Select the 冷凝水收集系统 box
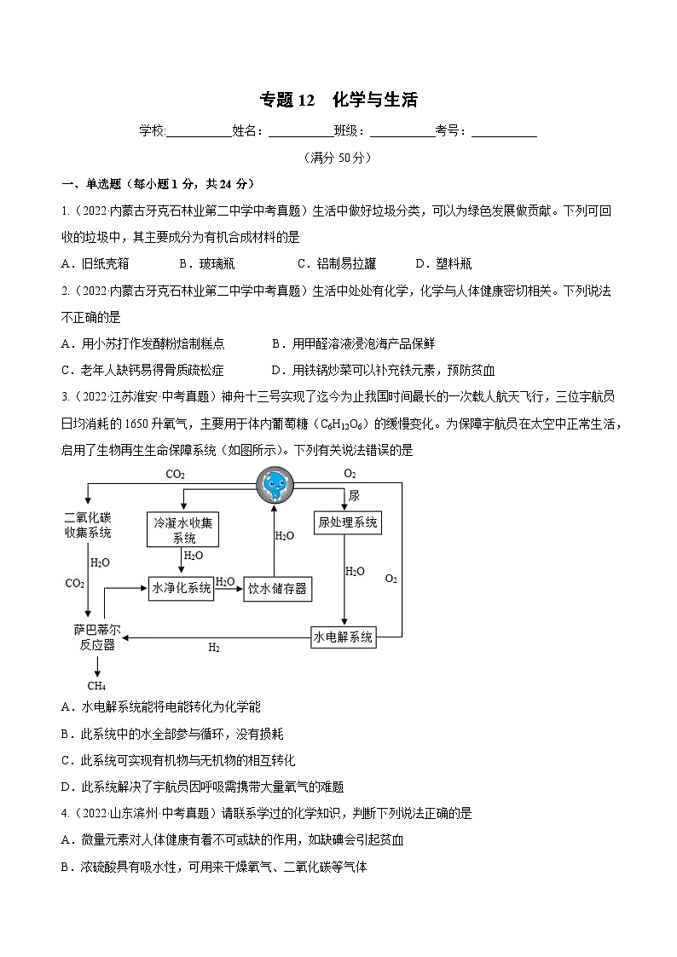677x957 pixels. pyautogui.click(x=183, y=530)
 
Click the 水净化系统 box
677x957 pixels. pyautogui.click(x=181, y=588)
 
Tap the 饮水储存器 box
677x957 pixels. pyautogui.click(x=276, y=589)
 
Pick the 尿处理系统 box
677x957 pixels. pyautogui.click(x=347, y=522)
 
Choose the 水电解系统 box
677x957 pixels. pyautogui.click(x=344, y=637)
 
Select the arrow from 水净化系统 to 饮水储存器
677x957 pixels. pyautogui.click(x=227, y=588)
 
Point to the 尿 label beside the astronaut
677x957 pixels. pyautogui.click(x=354, y=495)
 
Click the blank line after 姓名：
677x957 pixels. pyautogui.click(x=301, y=131)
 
